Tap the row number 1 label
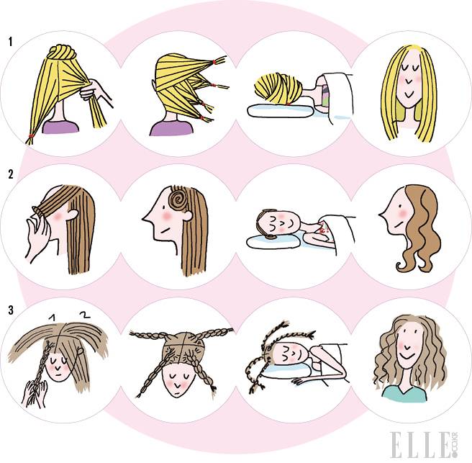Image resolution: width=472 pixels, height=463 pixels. click(11, 42)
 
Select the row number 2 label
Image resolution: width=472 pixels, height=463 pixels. click(11, 174)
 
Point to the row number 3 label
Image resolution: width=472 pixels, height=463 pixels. click(11, 310)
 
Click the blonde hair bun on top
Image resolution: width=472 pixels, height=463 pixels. click(62, 53)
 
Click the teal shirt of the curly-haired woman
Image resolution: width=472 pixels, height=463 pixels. click(404, 394)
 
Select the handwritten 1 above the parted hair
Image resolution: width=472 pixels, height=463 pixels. click(53, 318)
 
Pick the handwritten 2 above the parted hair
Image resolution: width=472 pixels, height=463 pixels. click(85, 315)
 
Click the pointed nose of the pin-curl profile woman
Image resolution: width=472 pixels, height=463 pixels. click(145, 217)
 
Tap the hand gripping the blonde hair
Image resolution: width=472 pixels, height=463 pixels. click(96, 91)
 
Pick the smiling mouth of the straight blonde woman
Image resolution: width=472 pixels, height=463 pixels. click(409, 95)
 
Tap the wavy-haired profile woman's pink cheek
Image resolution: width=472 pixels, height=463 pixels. click(402, 213)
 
